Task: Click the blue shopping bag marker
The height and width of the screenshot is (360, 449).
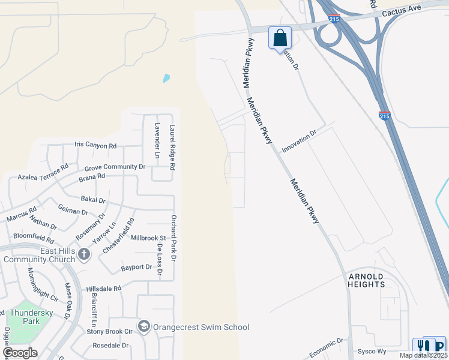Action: point(280,38)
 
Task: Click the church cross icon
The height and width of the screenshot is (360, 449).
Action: point(83,254)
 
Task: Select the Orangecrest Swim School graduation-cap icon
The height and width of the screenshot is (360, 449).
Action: point(143,327)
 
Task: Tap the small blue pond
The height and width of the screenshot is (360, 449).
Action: point(166,78)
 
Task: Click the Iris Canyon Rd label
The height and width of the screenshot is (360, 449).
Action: point(95,145)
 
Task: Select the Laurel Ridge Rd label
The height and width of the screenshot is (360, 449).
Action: point(172,146)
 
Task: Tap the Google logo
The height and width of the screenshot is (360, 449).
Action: point(20,353)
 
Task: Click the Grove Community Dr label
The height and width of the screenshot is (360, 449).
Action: point(115,166)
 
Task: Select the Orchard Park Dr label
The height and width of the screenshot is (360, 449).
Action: point(173,238)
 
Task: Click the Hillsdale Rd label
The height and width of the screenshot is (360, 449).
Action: point(104,288)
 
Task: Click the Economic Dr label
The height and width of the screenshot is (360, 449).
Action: point(327,348)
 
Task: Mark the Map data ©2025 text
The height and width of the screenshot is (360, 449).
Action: point(423,355)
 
